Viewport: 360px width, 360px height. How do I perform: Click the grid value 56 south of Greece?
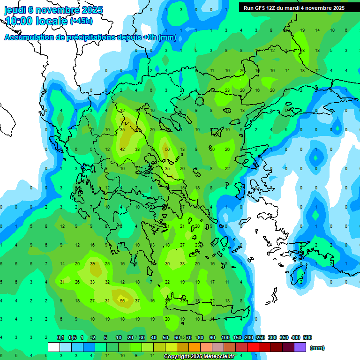pos(122,300)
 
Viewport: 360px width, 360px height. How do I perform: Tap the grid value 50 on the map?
pos(167,149)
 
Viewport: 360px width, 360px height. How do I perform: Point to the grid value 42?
pos(122,149)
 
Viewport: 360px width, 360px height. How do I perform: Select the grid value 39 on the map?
pos(92,264)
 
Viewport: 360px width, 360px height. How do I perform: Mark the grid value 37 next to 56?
pos(137,300)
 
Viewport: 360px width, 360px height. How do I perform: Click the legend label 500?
pos(307,337)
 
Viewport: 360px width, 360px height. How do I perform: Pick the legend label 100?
pos(225,337)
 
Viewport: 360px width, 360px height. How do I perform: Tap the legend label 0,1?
pos(60,337)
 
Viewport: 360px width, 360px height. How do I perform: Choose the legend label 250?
pos(261,337)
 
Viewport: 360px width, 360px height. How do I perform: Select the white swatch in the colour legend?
pos(54,347)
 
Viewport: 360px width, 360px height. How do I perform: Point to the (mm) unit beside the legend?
pos(318,348)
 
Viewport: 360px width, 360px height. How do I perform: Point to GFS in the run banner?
pos(262,7)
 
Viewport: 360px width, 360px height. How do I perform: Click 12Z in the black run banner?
pos(276,7)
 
